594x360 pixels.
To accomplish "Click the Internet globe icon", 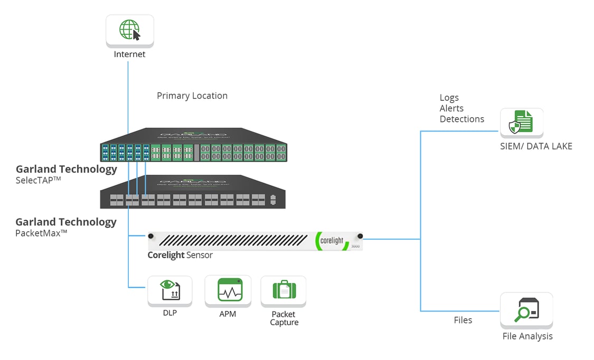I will [x=129, y=30].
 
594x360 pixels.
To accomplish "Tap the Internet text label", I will [x=129, y=54].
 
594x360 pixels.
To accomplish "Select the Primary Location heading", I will [x=192, y=96].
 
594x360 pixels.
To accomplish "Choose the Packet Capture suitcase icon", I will [x=284, y=290].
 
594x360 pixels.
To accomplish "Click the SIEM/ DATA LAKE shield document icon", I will [x=521, y=123].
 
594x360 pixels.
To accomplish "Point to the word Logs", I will [x=449, y=98].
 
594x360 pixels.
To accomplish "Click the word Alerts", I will [x=451, y=108].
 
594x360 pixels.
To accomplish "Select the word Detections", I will [x=462, y=119].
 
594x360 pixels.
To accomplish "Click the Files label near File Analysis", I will [x=463, y=320].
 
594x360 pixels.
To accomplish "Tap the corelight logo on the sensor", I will [x=332, y=241].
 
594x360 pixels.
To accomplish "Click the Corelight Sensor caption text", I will [x=180, y=255].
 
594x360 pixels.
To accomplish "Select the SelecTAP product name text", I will [x=39, y=180].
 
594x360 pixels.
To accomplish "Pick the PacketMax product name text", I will [x=41, y=233].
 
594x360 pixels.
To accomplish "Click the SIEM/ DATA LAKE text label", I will [x=536, y=146].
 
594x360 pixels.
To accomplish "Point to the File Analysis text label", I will [x=527, y=336].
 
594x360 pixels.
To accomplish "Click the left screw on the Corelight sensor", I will [x=151, y=236].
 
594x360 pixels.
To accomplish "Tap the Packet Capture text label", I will [x=284, y=318].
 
